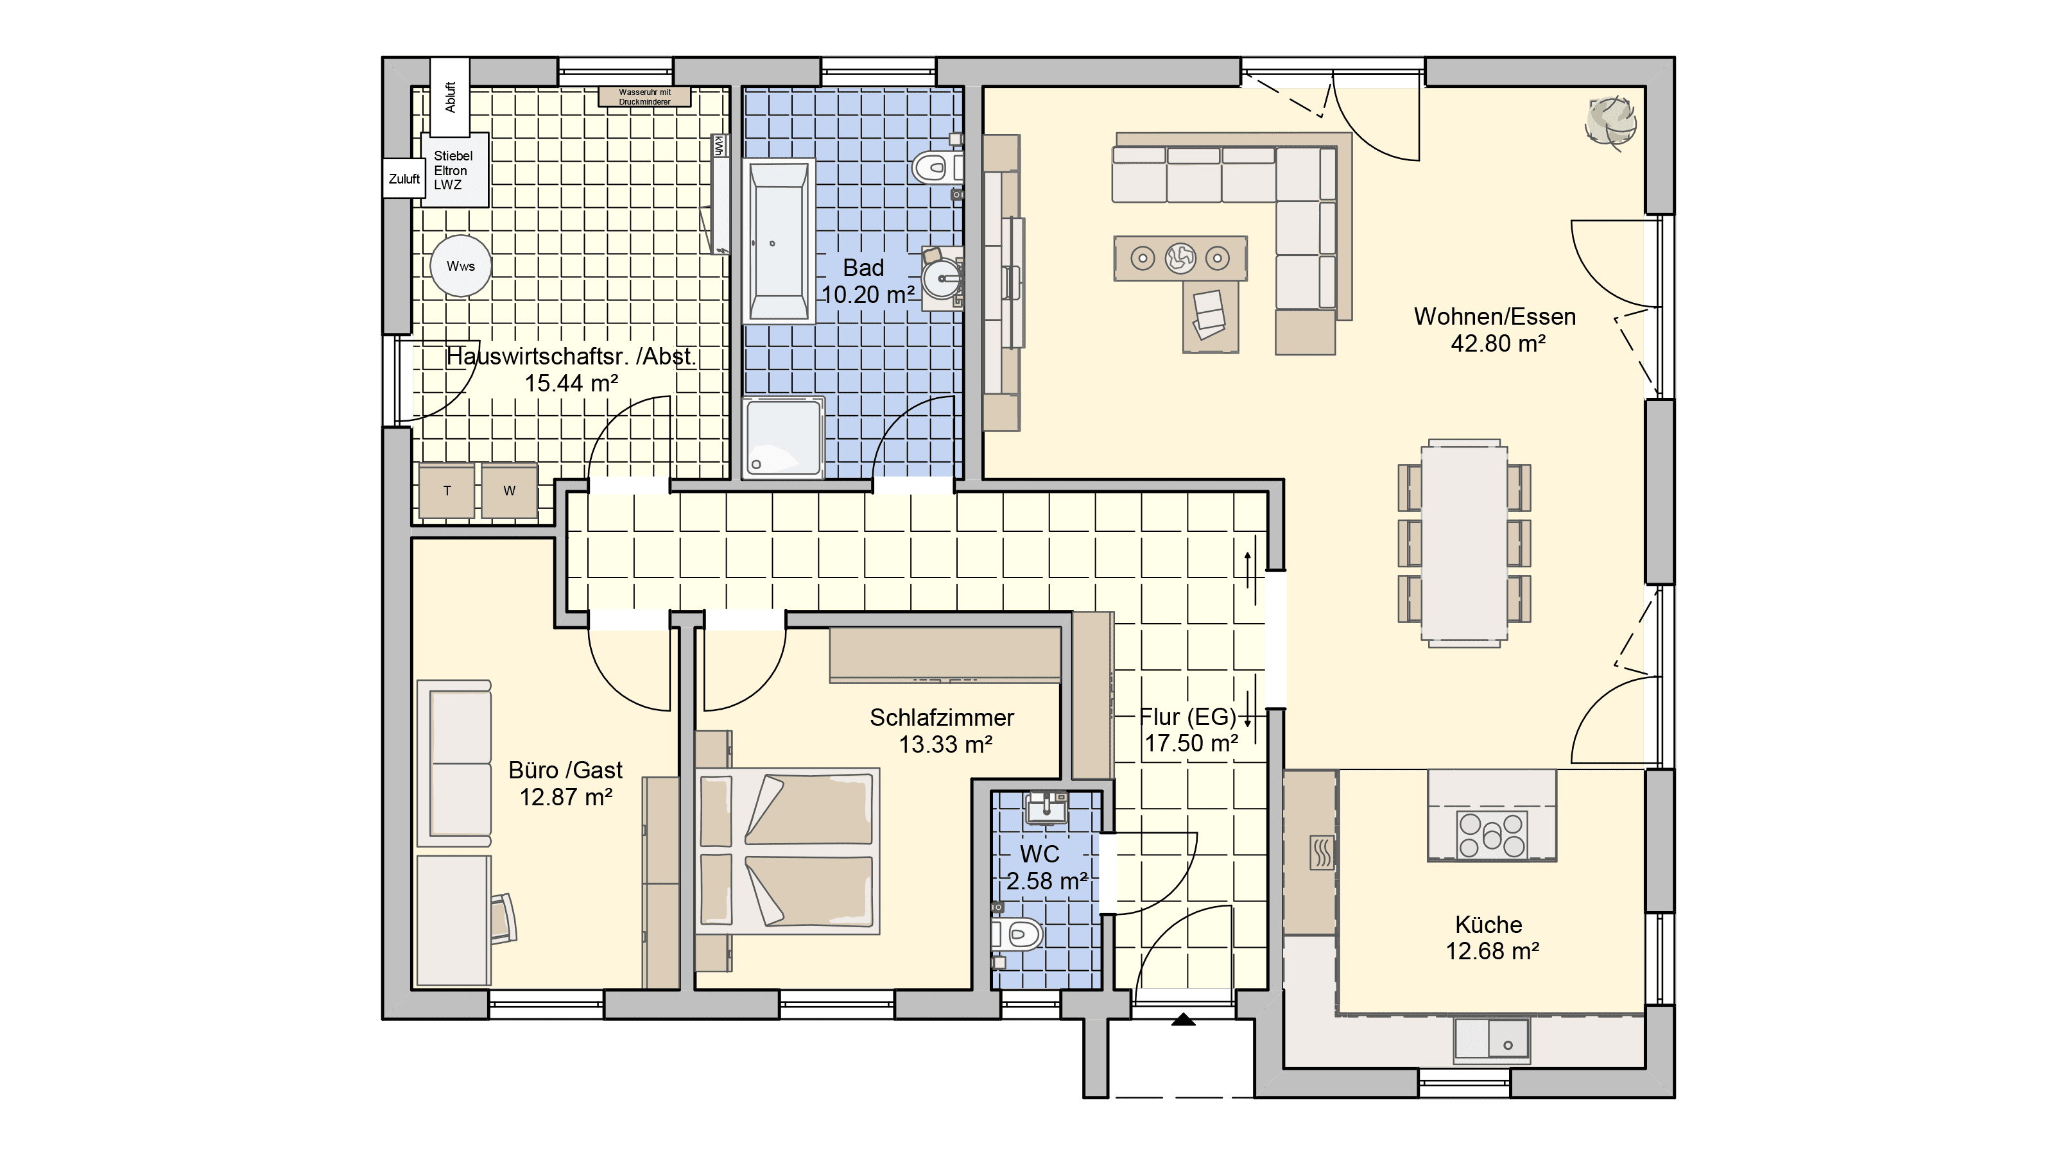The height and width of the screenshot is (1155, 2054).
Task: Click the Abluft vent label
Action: point(451,98)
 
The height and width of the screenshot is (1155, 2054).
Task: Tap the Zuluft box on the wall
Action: point(404,178)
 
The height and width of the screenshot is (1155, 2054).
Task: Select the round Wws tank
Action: point(461,266)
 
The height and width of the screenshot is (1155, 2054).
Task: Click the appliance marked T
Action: point(447,491)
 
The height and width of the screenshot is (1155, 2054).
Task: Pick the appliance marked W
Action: point(510,491)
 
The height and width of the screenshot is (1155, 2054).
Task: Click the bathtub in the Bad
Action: point(778,241)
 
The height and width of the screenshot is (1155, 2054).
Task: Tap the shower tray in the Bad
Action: point(783,438)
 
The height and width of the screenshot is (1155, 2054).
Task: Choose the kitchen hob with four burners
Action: point(1492,835)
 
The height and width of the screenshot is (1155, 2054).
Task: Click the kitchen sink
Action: point(1492,1040)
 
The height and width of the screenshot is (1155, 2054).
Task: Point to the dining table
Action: point(1464,543)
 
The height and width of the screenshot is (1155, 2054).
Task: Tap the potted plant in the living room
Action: point(1610,122)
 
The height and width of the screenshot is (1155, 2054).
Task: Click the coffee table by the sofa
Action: point(1180,258)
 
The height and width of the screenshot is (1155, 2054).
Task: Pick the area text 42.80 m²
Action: point(1498,343)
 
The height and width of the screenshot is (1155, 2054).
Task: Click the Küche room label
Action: point(1489,925)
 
